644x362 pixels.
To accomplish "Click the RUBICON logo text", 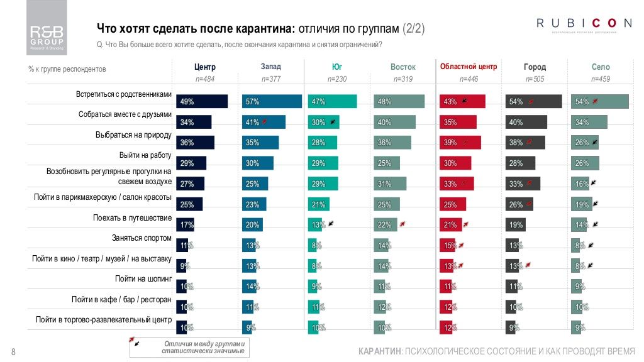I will click(584, 24).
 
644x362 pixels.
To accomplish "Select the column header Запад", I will click(271, 67).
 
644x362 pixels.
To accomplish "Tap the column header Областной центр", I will click(469, 67).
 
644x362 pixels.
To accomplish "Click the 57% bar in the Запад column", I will click(272, 101).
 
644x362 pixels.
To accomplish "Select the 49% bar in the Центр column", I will click(203, 101).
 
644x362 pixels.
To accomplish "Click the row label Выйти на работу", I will click(145, 155).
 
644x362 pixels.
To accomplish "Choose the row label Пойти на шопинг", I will click(143, 279).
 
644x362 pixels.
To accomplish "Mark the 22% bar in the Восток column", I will click(385, 225).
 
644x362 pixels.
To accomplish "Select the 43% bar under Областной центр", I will click(462, 101).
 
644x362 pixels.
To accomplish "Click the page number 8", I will click(13, 351).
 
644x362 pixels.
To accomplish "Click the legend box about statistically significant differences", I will click(189, 348).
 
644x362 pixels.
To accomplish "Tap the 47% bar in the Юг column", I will click(332, 101).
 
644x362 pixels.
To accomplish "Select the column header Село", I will click(601, 67).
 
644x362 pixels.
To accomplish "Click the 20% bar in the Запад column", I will click(252, 225).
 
